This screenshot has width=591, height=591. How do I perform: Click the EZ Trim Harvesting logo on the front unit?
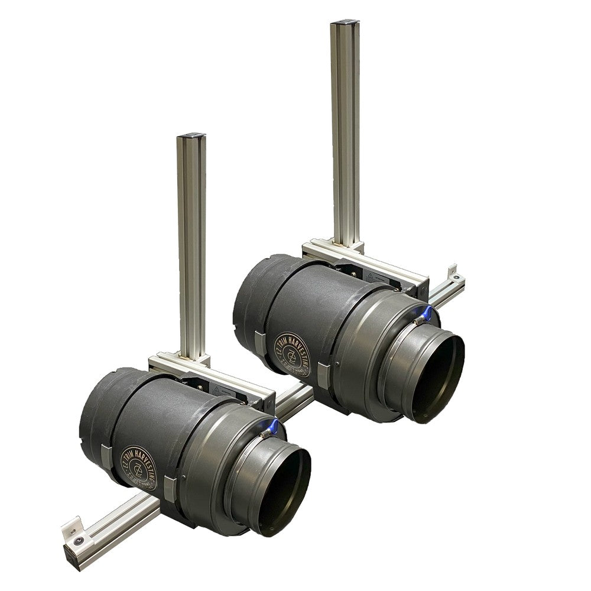(x=140, y=465)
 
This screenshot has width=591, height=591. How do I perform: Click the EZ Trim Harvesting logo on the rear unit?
(x=292, y=353)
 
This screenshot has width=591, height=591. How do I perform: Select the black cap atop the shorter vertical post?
(x=191, y=137)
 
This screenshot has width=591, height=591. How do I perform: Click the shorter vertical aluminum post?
(x=192, y=248)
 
